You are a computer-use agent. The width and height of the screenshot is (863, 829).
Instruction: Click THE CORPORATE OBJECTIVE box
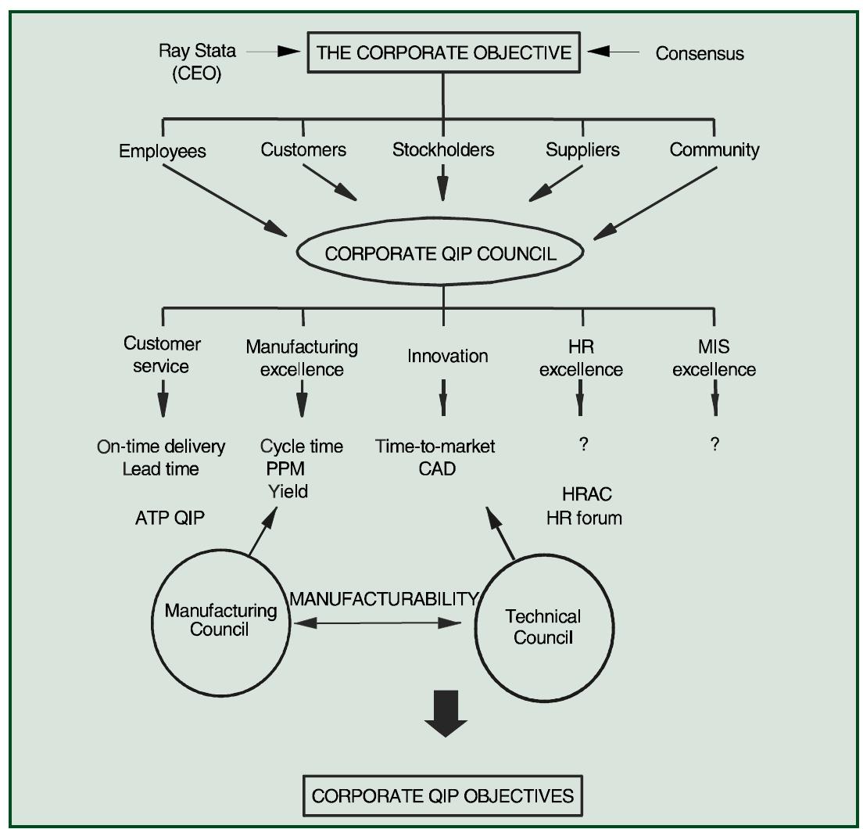[443, 53]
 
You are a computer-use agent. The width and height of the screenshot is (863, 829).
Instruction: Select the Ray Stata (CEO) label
[196, 63]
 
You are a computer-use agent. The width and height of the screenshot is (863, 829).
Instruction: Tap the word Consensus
[699, 53]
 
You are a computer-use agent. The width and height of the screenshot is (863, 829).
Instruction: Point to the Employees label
[162, 151]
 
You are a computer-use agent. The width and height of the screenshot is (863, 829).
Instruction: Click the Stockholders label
[443, 149]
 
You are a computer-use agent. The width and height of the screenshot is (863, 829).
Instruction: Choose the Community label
[714, 150]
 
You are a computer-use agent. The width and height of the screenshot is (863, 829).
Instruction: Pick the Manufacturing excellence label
[302, 357]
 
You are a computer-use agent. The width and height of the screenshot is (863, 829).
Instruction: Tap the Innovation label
[448, 356]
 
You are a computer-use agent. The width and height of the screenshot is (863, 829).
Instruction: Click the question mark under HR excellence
[582, 444]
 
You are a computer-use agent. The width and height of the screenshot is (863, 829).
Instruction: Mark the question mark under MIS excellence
[714, 444]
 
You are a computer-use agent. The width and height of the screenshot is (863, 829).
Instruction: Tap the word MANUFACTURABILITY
[383, 598]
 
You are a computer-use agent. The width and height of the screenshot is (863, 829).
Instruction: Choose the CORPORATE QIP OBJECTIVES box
[442, 795]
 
